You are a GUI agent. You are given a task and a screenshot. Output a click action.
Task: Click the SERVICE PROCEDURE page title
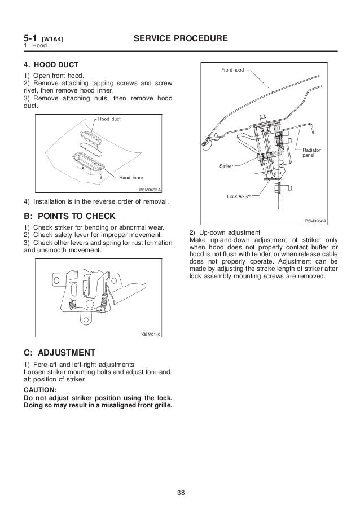pyautogui.click(x=180, y=38)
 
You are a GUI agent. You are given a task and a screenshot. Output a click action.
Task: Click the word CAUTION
pyautogui.click(x=40, y=389)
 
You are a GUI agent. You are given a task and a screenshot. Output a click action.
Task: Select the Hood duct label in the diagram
pyautogui.click(x=109, y=120)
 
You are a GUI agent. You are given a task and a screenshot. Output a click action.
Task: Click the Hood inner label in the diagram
pyautogui.click(x=132, y=178)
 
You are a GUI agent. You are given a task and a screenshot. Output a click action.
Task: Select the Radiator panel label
pyautogui.click(x=311, y=152)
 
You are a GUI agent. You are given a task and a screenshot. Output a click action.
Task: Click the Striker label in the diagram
pyautogui.click(x=226, y=166)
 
